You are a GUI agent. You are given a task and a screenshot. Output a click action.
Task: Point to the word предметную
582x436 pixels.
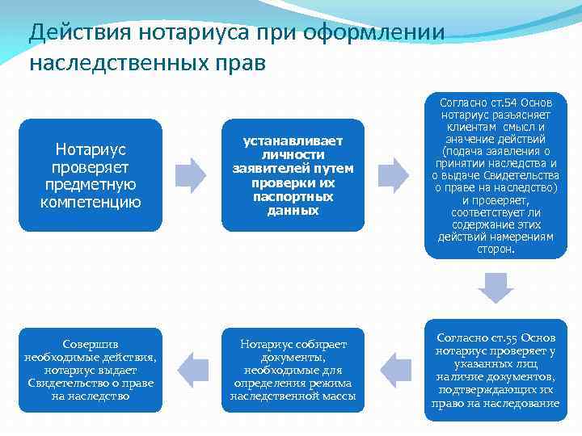91,184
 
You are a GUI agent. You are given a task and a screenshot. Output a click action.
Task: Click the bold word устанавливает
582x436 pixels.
293,140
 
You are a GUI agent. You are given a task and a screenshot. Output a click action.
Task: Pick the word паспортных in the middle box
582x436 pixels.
293,196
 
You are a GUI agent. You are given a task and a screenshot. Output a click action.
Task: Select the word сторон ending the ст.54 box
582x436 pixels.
496,249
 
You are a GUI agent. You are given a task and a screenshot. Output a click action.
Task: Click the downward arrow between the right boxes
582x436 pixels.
496,287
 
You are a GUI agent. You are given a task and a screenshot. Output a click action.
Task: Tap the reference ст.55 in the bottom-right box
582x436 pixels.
499,337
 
